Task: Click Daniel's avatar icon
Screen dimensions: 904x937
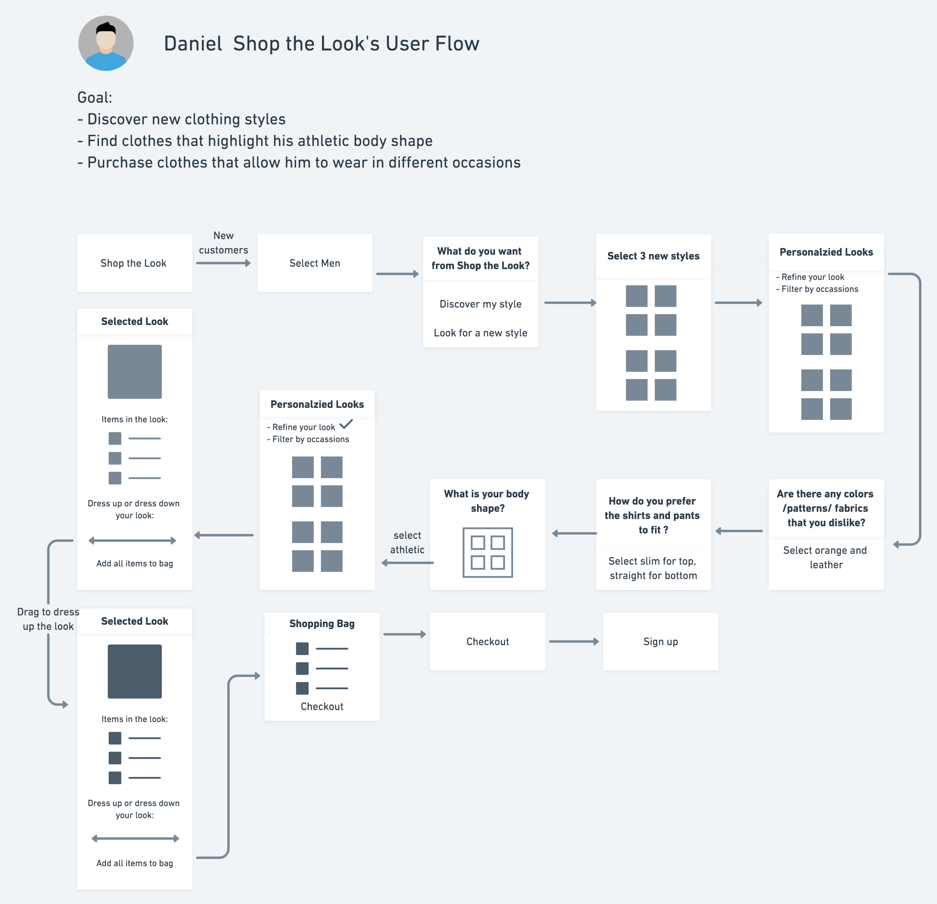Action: (x=106, y=43)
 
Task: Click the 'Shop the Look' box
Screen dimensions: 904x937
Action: (x=134, y=263)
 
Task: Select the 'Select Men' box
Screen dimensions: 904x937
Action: (x=314, y=263)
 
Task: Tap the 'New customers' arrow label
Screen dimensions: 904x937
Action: (x=223, y=243)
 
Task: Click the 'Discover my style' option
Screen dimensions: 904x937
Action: (x=480, y=304)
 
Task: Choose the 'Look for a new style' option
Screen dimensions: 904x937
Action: (x=480, y=333)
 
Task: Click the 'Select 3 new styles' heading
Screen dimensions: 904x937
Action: (x=653, y=256)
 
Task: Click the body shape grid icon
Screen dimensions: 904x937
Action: (x=488, y=552)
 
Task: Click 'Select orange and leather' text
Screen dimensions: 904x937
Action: (x=826, y=558)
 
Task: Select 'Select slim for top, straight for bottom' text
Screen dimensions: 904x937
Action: (x=653, y=568)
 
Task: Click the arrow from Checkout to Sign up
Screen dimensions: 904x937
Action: (x=574, y=642)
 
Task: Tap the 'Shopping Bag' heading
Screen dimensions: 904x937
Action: (x=322, y=624)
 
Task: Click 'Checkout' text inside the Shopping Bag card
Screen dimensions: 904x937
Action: (x=322, y=706)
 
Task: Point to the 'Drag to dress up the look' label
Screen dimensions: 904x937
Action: (x=48, y=619)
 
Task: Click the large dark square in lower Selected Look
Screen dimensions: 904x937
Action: (x=134, y=671)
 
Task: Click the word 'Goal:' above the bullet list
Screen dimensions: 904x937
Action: (x=95, y=97)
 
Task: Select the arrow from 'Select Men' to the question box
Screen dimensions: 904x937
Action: (x=397, y=274)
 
